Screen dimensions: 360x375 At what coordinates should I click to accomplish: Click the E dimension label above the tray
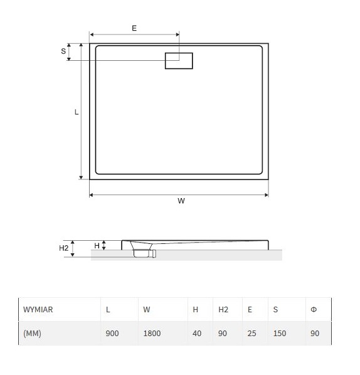(x=134, y=28)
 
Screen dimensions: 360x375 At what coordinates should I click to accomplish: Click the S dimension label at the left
(x=63, y=51)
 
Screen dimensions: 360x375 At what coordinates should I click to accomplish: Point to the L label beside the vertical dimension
(x=77, y=112)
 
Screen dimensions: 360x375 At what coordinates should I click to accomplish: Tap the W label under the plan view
(x=181, y=201)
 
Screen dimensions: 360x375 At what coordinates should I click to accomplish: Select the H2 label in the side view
(x=63, y=248)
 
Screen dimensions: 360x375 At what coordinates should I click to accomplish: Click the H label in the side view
(x=97, y=246)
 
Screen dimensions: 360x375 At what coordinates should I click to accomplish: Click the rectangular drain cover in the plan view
(x=179, y=61)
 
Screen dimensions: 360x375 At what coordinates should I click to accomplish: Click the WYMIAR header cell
(x=38, y=310)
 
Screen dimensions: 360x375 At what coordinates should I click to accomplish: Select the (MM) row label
(x=32, y=333)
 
